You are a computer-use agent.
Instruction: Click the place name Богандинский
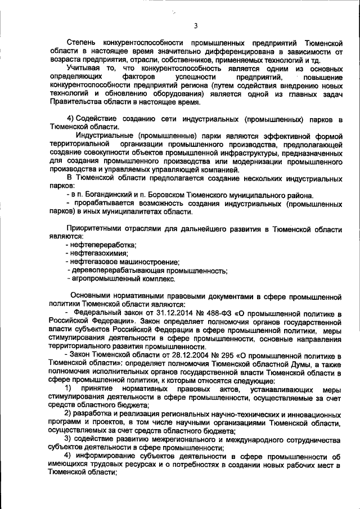103,195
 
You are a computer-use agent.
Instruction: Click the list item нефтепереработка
103,245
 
